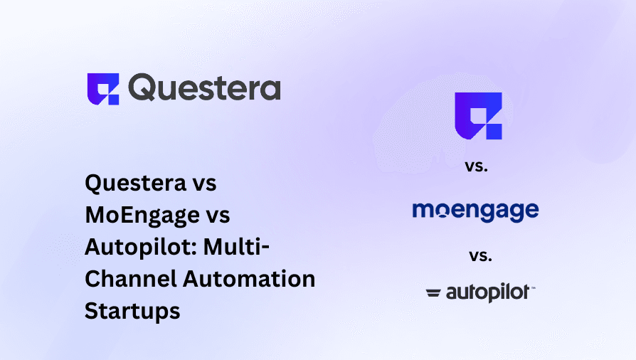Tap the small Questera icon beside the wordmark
tap(103, 89)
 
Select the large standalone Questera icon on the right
tap(478, 115)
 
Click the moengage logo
tap(475, 211)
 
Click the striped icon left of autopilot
tap(433, 292)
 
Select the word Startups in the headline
tap(132, 311)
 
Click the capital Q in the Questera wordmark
tap(143, 89)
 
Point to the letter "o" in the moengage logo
tap(440, 211)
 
